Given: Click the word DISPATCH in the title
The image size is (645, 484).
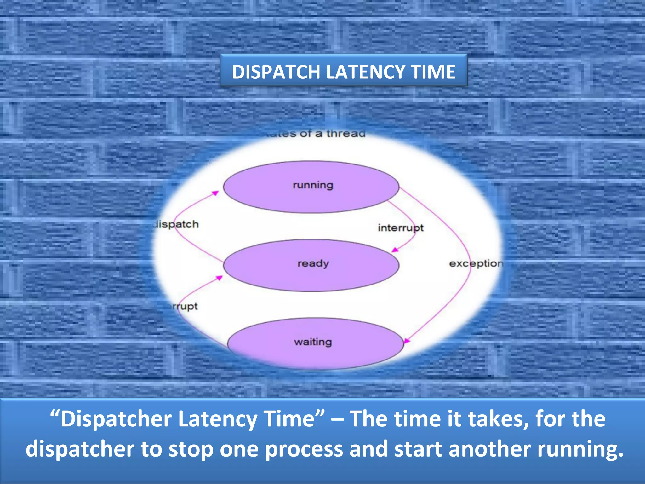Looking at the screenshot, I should (x=276, y=72).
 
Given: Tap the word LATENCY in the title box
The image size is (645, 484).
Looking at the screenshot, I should (x=365, y=72).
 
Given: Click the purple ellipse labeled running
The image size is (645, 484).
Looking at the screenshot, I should (x=311, y=195).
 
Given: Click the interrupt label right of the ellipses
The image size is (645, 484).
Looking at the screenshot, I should (x=401, y=228).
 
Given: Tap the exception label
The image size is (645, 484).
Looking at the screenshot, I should (x=476, y=263).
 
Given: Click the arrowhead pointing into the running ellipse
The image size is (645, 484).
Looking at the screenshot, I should (x=215, y=193).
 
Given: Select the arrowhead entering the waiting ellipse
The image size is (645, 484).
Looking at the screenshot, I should (x=407, y=341).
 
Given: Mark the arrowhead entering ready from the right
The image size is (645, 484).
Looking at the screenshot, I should (x=394, y=250).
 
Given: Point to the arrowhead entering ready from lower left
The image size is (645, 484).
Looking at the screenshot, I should (x=219, y=278).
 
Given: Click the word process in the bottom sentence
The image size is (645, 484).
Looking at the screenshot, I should (x=304, y=449).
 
